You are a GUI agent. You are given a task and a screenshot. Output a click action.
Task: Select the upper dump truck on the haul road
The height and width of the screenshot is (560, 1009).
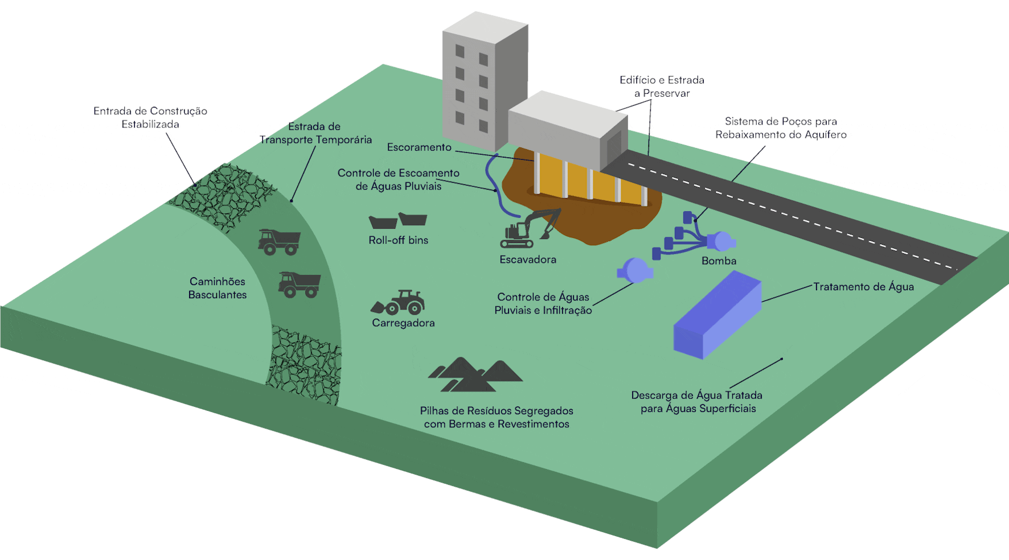click(279, 241)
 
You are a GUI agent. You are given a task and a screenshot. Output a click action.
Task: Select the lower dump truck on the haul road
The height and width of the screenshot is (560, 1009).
click(299, 284)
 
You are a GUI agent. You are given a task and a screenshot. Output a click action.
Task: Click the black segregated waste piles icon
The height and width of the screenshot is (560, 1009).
click(475, 375)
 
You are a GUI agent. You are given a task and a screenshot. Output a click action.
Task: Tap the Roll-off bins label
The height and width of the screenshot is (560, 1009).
click(398, 240)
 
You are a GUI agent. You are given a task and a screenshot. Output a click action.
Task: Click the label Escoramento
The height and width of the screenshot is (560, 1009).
click(419, 147)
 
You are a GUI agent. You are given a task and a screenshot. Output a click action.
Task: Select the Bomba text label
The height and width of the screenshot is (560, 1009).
click(719, 261)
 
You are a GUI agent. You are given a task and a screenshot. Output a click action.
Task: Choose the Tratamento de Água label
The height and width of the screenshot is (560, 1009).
click(863, 287)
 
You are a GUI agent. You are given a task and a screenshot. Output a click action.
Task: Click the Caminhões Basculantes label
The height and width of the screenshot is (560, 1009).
click(218, 288)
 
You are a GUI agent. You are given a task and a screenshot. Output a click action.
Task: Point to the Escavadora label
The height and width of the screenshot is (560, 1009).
click(528, 260)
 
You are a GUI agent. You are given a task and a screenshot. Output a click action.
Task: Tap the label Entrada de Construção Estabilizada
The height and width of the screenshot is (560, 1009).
click(150, 118)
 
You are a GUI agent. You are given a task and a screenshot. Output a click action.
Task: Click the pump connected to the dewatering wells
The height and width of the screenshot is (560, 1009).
click(721, 241)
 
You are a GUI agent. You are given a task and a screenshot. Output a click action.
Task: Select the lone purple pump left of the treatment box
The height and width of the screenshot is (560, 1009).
click(634, 270)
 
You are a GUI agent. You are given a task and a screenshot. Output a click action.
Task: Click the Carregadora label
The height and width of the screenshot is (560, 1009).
click(403, 323)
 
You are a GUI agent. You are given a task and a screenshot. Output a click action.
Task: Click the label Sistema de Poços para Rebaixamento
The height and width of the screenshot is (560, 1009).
click(781, 128)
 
